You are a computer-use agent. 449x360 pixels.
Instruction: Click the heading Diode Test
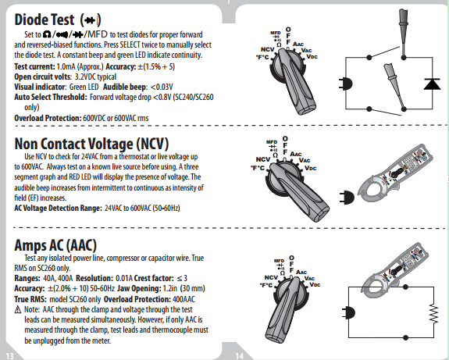click(x=45, y=20)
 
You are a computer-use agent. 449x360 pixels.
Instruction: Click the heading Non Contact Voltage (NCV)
click(x=91, y=144)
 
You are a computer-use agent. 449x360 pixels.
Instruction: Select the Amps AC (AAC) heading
click(x=55, y=245)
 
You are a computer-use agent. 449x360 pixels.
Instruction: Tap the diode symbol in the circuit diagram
click(x=432, y=84)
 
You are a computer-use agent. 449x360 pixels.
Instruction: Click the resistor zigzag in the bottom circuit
click(x=434, y=314)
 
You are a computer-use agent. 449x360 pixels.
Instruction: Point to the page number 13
click(x=9, y=355)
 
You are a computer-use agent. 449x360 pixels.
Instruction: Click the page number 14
click(x=240, y=355)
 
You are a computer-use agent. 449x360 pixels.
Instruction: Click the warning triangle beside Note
click(x=18, y=309)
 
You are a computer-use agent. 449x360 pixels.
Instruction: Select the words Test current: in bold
click(x=34, y=66)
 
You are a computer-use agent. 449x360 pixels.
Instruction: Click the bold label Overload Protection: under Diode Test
click(x=48, y=118)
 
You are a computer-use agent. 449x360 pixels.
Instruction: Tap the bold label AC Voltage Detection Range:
click(x=58, y=208)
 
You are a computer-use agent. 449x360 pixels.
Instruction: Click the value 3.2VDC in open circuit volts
click(x=85, y=77)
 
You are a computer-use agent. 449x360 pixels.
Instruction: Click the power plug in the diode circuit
click(x=346, y=84)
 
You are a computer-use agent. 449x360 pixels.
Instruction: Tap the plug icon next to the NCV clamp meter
click(x=347, y=198)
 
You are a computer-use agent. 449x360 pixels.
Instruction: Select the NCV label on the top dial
click(x=268, y=49)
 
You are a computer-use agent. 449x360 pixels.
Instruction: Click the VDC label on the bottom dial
click(x=315, y=285)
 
